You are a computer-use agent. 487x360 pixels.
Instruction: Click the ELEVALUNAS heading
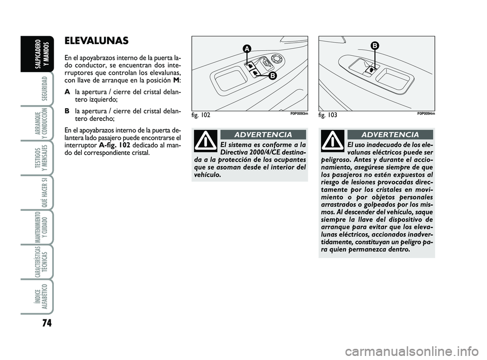pyautogui.click(x=96, y=41)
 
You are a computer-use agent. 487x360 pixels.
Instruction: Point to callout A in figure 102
pyautogui.click(x=246, y=49)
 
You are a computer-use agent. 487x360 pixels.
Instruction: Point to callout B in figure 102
pyautogui.click(x=272, y=76)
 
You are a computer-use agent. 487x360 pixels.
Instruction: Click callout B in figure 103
pyautogui.click(x=375, y=46)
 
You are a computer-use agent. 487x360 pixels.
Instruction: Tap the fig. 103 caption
pyautogui.click(x=328, y=116)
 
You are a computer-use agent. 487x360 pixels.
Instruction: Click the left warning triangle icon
pyautogui.click(x=207, y=141)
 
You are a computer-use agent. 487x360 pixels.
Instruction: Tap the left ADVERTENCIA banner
pyautogui.click(x=263, y=135)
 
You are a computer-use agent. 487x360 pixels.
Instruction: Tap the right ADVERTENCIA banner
pyautogui.click(x=390, y=135)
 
